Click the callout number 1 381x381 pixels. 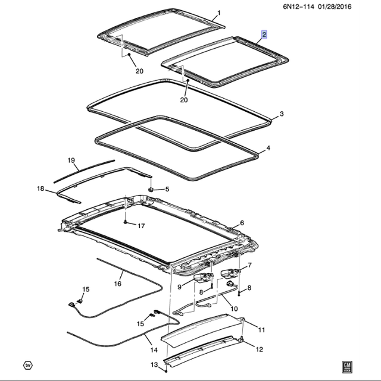pyautogui.click(x=218, y=12)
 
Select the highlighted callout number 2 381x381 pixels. pyautogui.click(x=264, y=35)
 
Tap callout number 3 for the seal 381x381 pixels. pyautogui.click(x=282, y=114)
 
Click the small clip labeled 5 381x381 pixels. pyautogui.click(x=151, y=189)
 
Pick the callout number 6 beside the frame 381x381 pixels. pyautogui.click(x=242, y=223)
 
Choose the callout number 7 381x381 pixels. pyautogui.click(x=249, y=265)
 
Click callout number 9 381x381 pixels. pyautogui.click(x=179, y=287)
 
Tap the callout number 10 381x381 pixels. pyautogui.click(x=234, y=309)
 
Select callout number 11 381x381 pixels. pyautogui.click(x=261, y=328)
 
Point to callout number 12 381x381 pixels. pyautogui.click(x=259, y=349)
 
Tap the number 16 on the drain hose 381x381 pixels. pyautogui.click(x=117, y=284)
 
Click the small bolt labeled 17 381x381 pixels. pyautogui.click(x=127, y=222)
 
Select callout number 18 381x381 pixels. pyautogui.click(x=40, y=188)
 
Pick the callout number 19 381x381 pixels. pyautogui.click(x=70, y=160)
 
